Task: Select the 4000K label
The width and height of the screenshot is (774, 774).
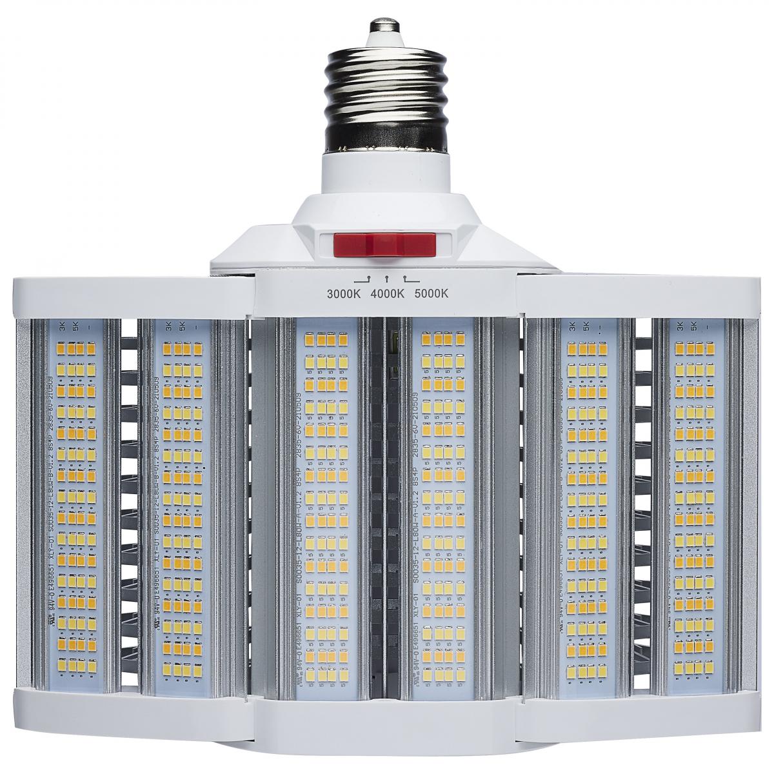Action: pyautogui.click(x=387, y=293)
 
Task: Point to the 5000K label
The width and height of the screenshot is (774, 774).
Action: pyautogui.click(x=431, y=293)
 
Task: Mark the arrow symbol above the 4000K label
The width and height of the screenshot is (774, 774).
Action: pyautogui.click(x=386, y=279)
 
